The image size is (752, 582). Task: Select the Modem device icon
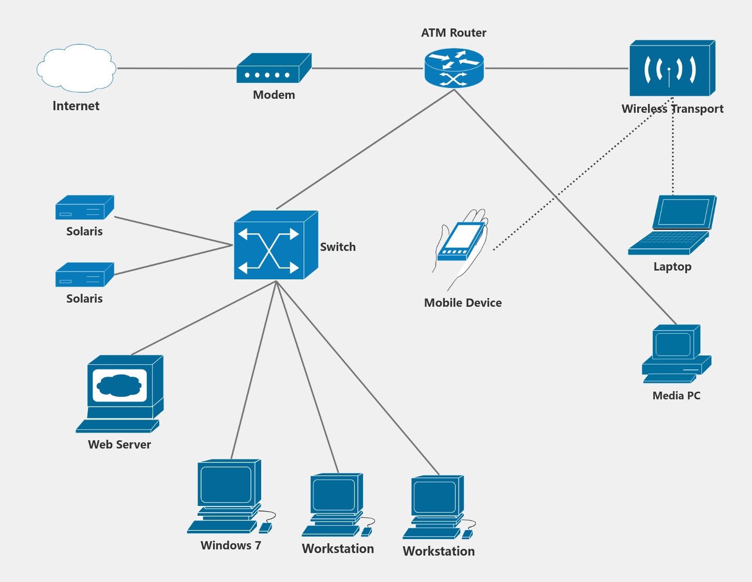273,69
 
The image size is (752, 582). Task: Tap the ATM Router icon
454,68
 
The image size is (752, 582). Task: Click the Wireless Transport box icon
671,69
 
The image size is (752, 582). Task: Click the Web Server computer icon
121,393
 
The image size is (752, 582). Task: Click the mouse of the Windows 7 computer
265,527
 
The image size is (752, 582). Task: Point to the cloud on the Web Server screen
119,385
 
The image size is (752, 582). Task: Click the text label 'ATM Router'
454,33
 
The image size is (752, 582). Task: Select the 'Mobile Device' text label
463,303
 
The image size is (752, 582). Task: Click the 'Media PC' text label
676,396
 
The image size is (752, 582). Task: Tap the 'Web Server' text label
119,444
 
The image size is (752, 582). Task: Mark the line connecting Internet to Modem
176,68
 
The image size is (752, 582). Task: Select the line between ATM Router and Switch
365,150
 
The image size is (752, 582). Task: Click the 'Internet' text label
76,106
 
